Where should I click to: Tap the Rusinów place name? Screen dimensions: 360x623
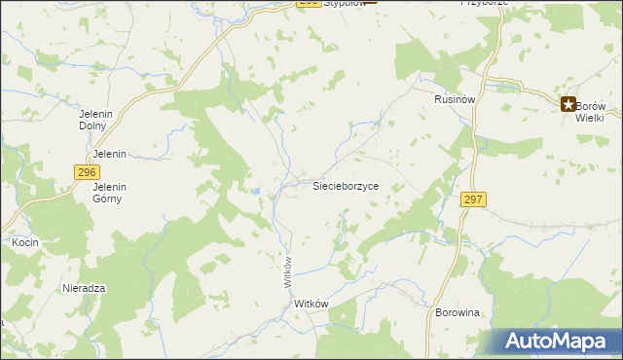point(454,99)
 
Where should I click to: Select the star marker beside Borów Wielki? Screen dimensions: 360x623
point(567,104)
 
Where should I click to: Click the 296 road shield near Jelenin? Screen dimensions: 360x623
point(86,171)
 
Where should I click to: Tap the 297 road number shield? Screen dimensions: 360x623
point(473,198)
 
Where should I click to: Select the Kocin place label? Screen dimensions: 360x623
point(24,240)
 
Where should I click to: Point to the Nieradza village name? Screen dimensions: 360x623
point(84,289)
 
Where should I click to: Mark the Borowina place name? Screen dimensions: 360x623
point(460,312)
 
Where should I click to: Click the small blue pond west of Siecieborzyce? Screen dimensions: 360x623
point(255,192)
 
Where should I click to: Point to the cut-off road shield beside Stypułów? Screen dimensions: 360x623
point(309,3)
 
